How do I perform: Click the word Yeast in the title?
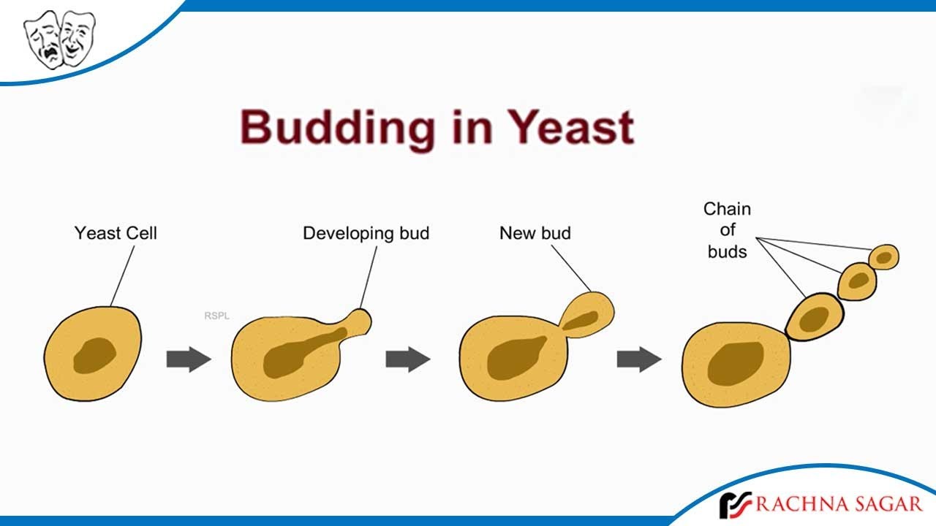pyautogui.click(x=571, y=127)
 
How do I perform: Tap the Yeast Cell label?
pyautogui.click(x=116, y=234)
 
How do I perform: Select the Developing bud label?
pyautogui.click(x=366, y=234)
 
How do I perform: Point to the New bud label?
pyautogui.click(x=535, y=234)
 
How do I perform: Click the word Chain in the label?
pyautogui.click(x=727, y=210)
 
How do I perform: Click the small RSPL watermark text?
pyautogui.click(x=216, y=316)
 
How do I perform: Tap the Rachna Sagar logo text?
pyautogui.click(x=840, y=503)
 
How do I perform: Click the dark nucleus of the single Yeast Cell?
pyautogui.click(x=95, y=354)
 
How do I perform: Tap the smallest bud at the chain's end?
pyautogui.click(x=884, y=257)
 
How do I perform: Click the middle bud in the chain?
pyautogui.click(x=857, y=281)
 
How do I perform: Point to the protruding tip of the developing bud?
pyautogui.click(x=360, y=320)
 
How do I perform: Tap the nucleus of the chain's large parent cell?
pyautogui.click(x=736, y=362)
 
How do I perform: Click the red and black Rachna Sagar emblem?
pyautogui.click(x=734, y=505)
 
